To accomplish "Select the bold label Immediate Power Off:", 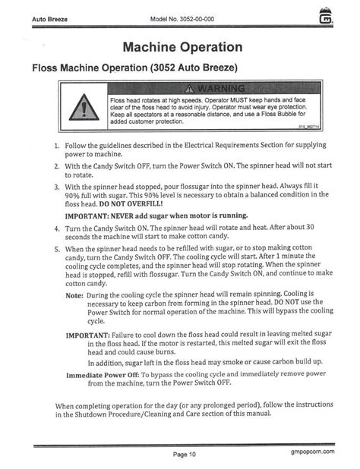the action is point(112,374).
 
